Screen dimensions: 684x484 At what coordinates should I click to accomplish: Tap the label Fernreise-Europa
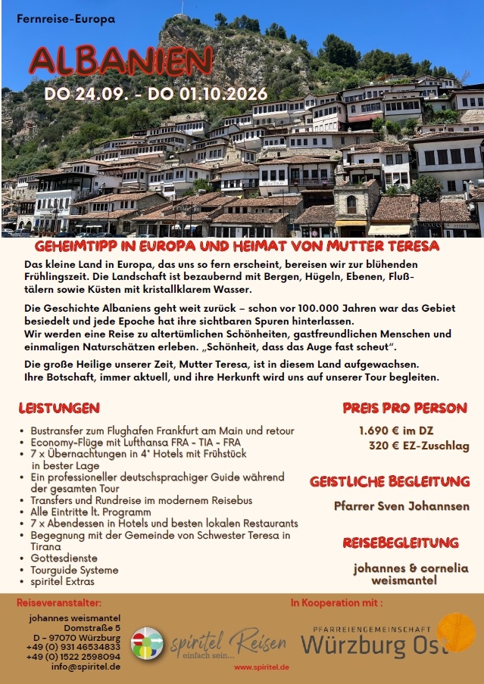(65, 19)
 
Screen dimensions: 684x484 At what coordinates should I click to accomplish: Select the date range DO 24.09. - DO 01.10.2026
(155, 95)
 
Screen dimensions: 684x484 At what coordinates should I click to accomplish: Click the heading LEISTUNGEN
(59, 408)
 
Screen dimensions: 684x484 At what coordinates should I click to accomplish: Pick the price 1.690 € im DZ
(401, 431)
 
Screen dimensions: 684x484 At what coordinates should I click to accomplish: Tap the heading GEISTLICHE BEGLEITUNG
(389, 481)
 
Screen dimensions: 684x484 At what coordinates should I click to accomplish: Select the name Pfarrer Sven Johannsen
(401, 506)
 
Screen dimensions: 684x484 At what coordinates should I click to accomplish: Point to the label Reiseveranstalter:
(59, 603)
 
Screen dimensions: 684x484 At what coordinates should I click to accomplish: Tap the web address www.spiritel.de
(261, 667)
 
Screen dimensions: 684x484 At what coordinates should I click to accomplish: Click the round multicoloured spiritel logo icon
(147, 643)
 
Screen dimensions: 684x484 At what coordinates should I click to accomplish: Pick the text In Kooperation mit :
(336, 603)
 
